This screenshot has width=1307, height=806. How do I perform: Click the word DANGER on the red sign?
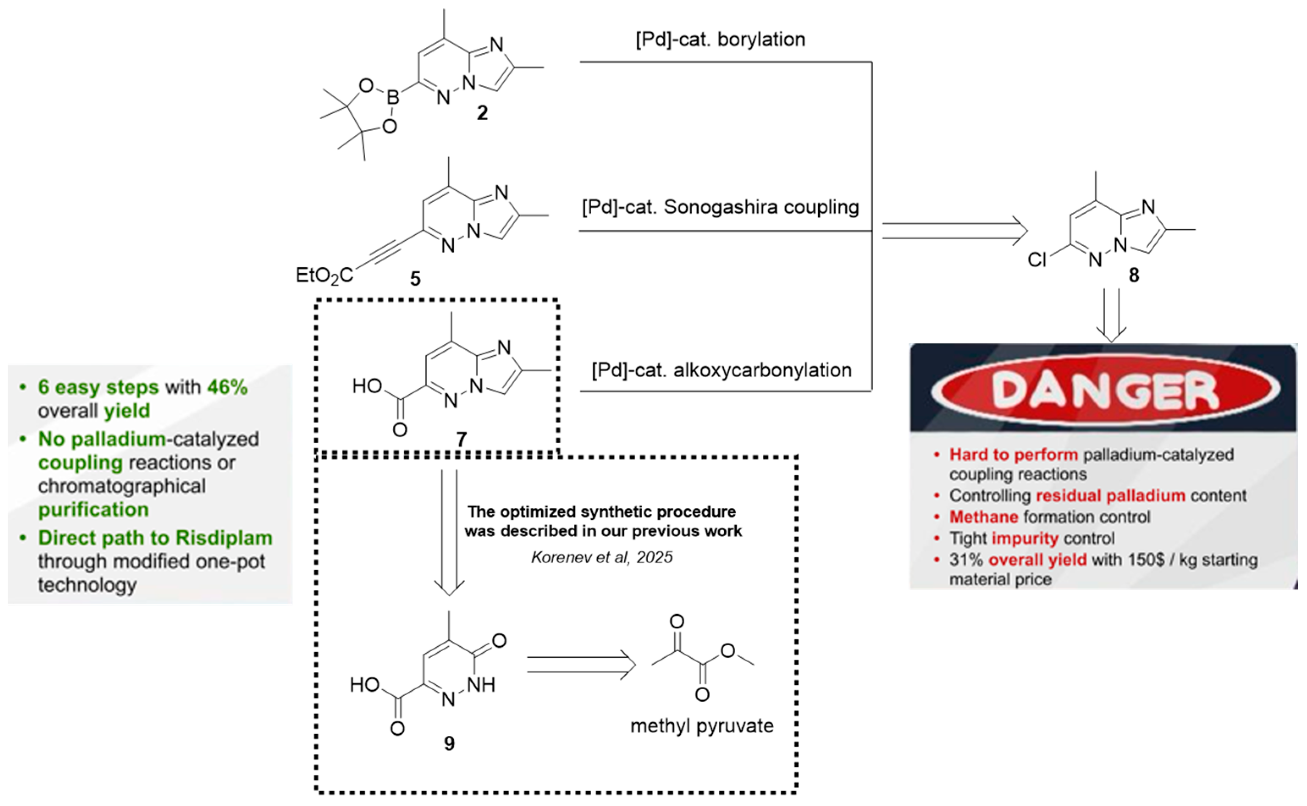point(1105,390)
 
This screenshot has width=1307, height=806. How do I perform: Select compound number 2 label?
point(482,113)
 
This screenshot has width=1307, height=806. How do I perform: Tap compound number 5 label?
point(415,279)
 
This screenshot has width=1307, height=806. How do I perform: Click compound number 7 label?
point(461,440)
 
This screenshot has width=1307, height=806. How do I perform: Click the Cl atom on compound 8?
point(1037,260)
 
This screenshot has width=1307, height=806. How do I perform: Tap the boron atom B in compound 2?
point(393,98)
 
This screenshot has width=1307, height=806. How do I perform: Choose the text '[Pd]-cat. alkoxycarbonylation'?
point(721,370)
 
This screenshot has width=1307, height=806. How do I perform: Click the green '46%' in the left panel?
point(227,387)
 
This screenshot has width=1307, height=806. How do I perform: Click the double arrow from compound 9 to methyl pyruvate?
point(582,665)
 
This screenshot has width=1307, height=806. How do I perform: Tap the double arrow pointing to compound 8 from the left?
point(954,231)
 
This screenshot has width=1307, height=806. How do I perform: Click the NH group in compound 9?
point(481,685)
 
